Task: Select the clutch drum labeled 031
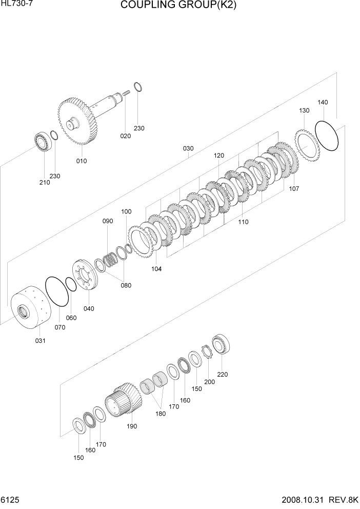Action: [29, 307]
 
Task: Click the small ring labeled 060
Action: [71, 284]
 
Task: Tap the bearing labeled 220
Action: [222, 344]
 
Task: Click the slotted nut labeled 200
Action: [208, 353]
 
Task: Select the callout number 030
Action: [188, 149]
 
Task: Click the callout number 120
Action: [219, 155]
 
